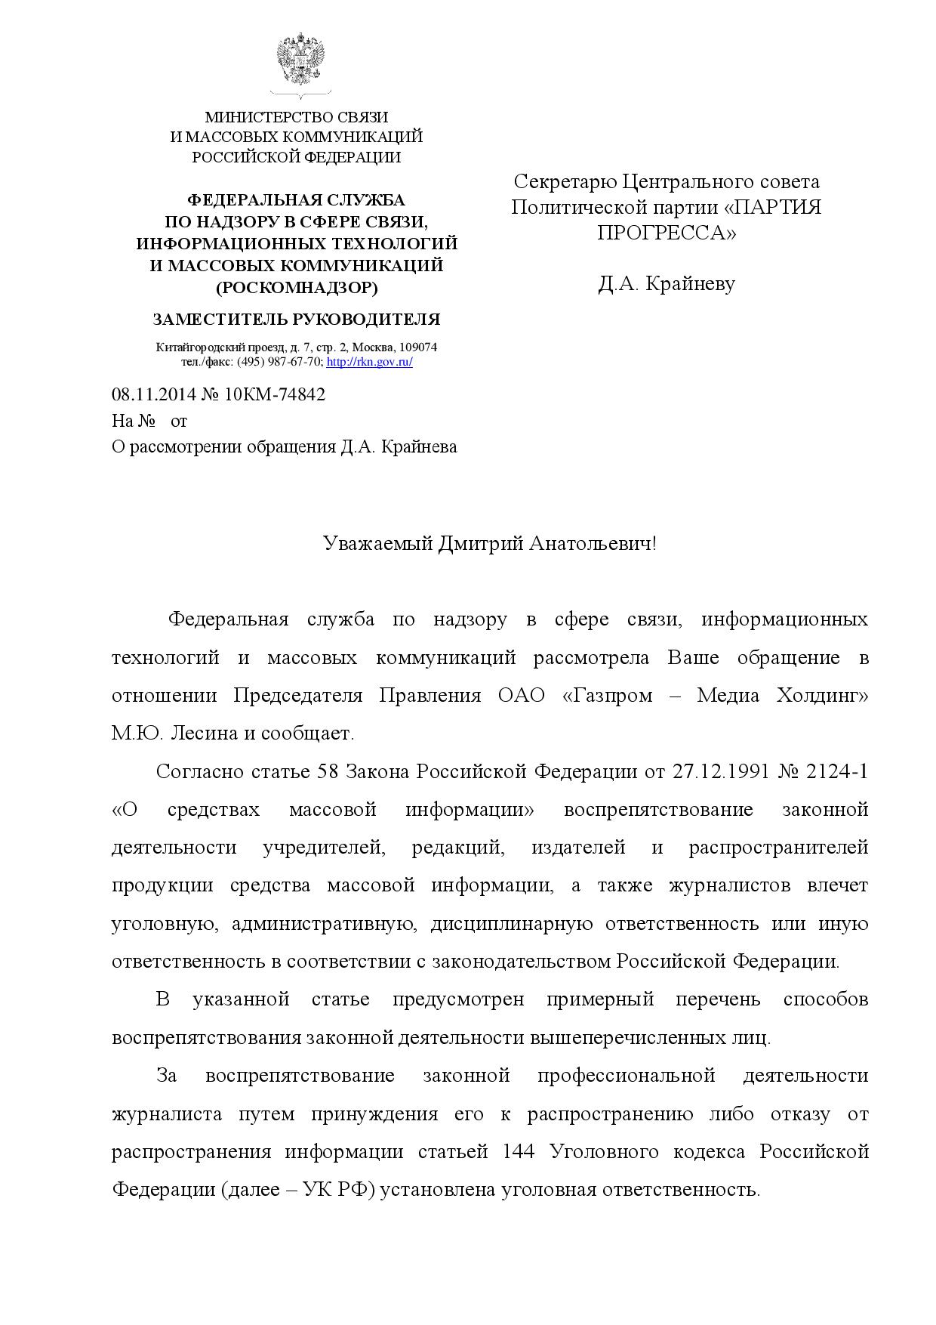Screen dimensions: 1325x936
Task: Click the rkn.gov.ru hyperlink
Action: tap(369, 362)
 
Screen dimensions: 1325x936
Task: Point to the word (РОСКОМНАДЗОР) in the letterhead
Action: tap(297, 287)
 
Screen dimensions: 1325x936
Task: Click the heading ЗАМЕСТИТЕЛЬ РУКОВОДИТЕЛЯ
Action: tap(296, 320)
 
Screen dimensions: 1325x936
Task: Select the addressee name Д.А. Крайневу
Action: tap(666, 284)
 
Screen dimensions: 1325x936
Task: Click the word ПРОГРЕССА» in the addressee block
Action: tap(666, 233)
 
